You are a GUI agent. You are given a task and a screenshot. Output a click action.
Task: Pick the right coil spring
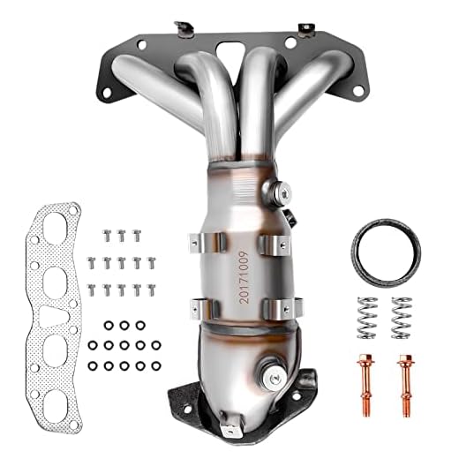402,316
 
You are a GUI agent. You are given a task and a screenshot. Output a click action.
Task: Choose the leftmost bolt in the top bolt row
108,235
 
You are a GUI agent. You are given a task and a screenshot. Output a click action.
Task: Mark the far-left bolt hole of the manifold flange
106,90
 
